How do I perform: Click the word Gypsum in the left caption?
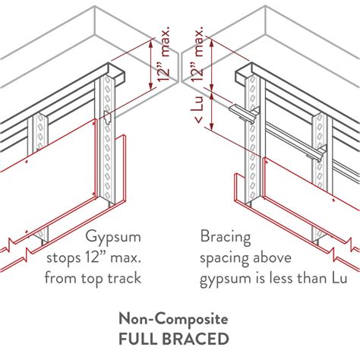coord(112,237)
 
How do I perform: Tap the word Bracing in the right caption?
coord(223,237)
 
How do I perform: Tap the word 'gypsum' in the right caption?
coord(226,279)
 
